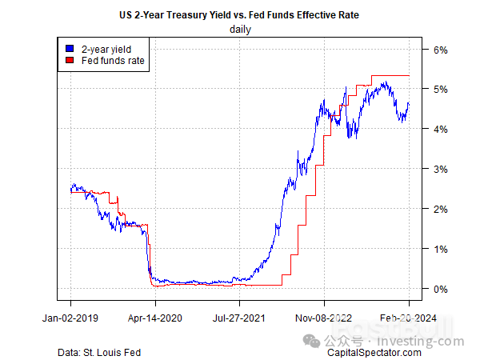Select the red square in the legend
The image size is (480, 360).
tap(70, 60)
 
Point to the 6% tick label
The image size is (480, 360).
tap(441, 50)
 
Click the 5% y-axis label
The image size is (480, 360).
tap(441, 89)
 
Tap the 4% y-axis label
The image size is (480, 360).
tap(441, 129)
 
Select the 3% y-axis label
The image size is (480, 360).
tap(441, 169)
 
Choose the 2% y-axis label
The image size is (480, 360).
tap(441, 209)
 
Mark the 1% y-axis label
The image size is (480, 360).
tap(441, 249)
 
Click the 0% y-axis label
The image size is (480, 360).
tap(441, 289)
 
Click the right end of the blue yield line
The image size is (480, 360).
tap(409, 102)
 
